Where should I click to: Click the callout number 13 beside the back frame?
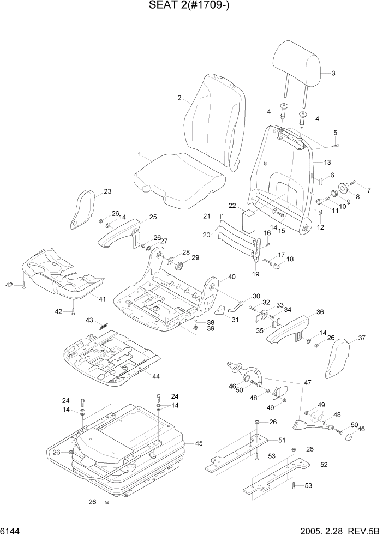coord(327,163)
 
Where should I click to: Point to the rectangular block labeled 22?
coord(249,221)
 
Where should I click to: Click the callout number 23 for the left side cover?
coord(107,191)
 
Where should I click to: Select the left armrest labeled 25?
coord(117,233)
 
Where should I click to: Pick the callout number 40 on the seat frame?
coord(232,277)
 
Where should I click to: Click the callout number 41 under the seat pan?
coord(101,299)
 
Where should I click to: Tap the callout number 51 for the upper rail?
coord(282,440)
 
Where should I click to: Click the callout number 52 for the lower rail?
coord(324,465)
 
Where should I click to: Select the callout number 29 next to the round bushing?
coord(195,258)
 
